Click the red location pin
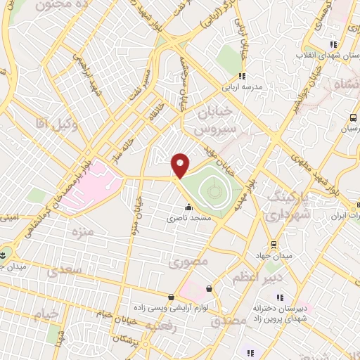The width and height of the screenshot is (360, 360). pyautogui.click(x=181, y=165)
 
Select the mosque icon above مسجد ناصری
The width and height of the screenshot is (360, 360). pyautogui.click(x=188, y=207)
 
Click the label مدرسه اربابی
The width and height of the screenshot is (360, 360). pyautogui.click(x=242, y=87)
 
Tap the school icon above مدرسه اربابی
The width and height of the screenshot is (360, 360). pyautogui.click(x=242, y=76)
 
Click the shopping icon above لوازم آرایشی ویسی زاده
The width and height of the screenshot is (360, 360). pyautogui.click(x=172, y=297)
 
